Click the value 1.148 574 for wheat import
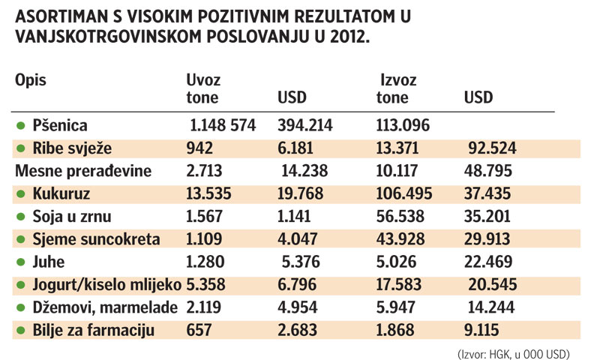coord(226,125)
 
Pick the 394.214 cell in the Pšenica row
coord(305,125)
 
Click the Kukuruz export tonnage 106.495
coord(403,194)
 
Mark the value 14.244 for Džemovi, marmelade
coord(490,308)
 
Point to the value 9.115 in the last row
coord(484,331)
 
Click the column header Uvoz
coord(203,79)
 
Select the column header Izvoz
coord(398,79)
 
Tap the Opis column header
coord(32,79)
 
